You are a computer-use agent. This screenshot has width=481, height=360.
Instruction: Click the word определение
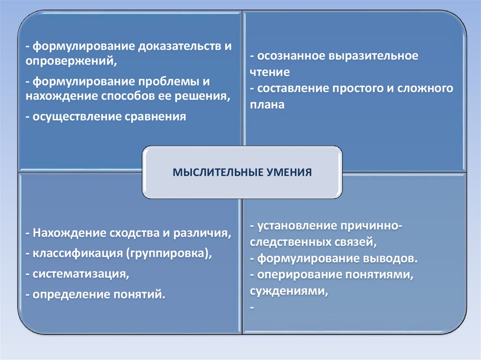point(70,295)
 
